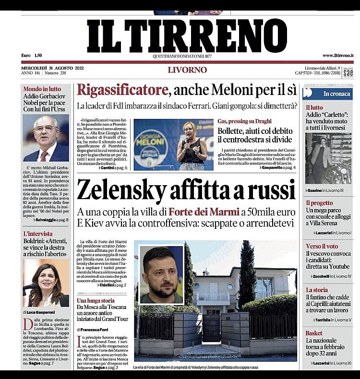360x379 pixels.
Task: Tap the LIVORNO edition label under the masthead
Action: (x=187, y=70)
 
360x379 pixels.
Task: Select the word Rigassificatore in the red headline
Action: (x=122, y=90)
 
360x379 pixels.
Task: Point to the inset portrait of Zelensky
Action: (x=162, y=274)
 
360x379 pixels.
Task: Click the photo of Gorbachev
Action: (x=46, y=138)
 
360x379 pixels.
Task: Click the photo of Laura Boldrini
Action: (x=46, y=283)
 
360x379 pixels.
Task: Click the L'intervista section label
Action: (x=38, y=234)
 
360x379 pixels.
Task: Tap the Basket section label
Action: (x=314, y=333)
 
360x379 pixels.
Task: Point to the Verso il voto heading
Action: (x=322, y=247)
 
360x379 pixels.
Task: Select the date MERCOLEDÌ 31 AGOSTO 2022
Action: (x=53, y=68)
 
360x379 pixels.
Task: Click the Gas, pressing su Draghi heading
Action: (x=244, y=121)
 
